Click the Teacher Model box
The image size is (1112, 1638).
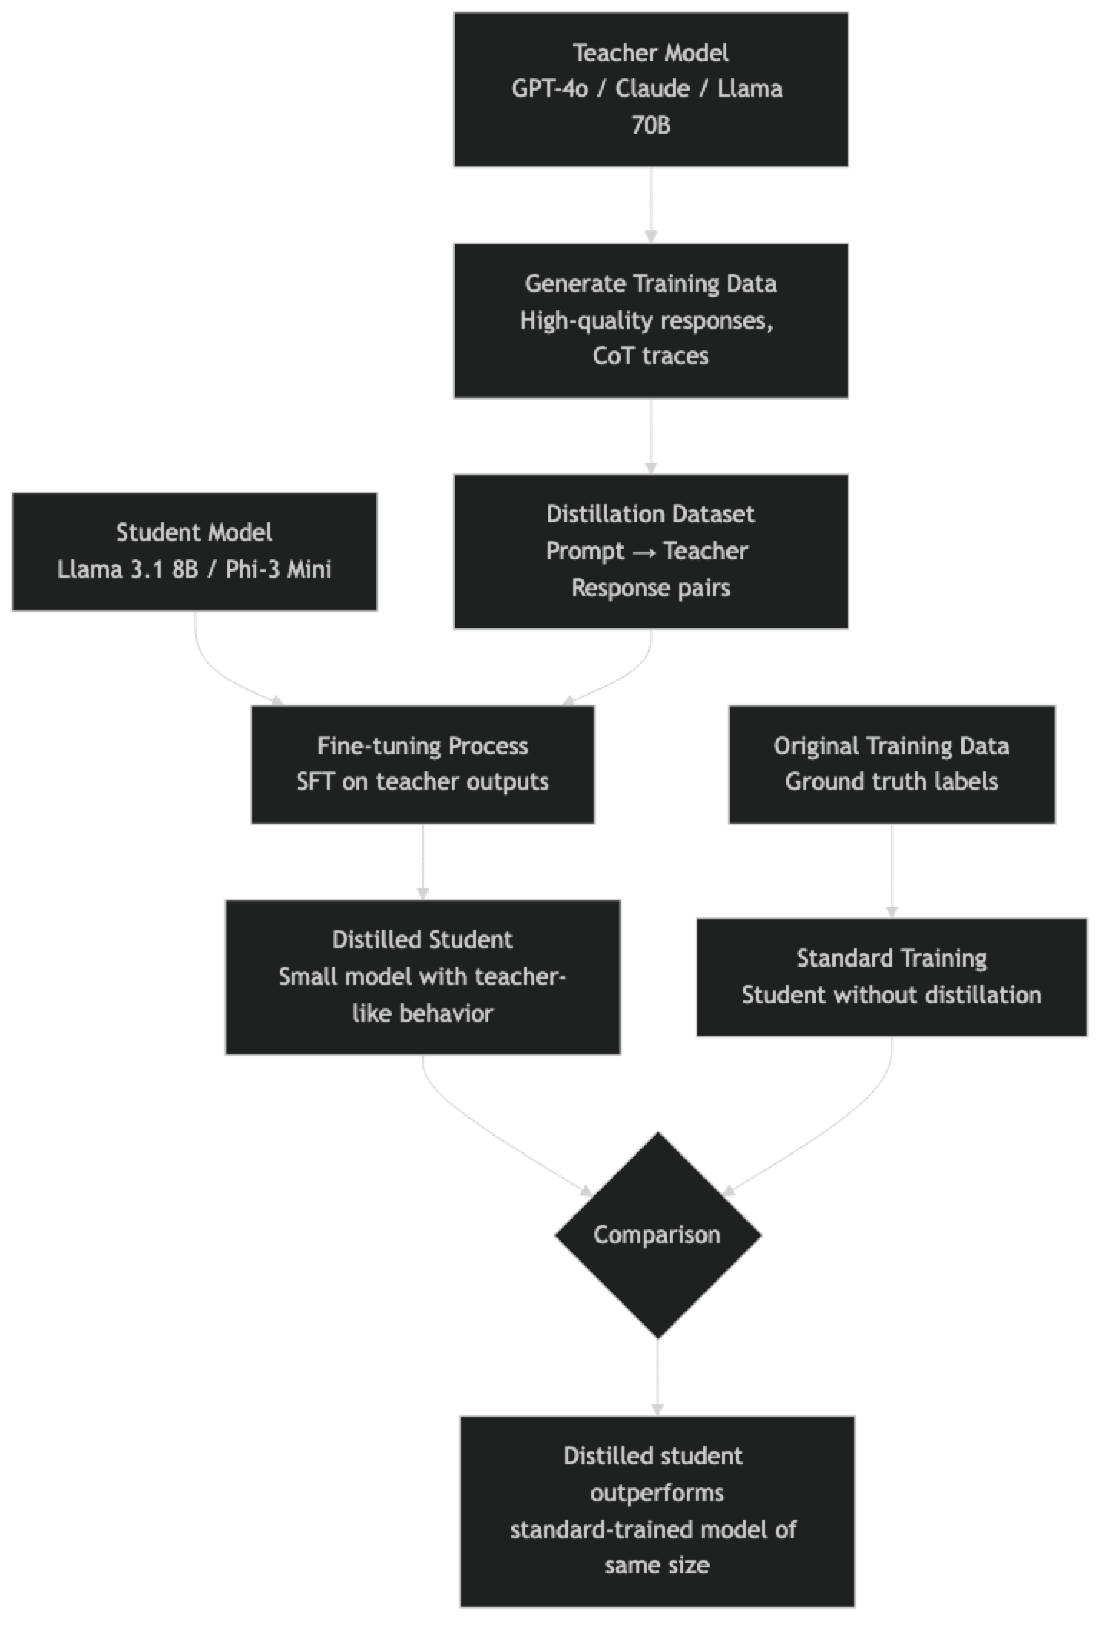click(650, 89)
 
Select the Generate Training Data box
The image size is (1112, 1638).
click(650, 320)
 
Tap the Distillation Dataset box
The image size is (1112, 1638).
click(650, 552)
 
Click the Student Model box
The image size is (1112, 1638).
click(194, 552)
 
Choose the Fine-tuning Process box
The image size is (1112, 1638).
click(422, 764)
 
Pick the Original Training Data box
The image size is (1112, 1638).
click(891, 764)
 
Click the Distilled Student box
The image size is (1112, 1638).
click(422, 976)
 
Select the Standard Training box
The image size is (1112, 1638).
click(892, 976)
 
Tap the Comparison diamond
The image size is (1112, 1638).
click(657, 1235)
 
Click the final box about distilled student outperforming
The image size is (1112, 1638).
click(657, 1510)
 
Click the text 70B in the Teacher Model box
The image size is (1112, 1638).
click(650, 124)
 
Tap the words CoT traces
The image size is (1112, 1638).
click(650, 356)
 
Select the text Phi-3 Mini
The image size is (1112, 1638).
click(278, 569)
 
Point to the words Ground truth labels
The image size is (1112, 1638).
click(891, 781)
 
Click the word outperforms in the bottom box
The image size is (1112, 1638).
click(657, 1492)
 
